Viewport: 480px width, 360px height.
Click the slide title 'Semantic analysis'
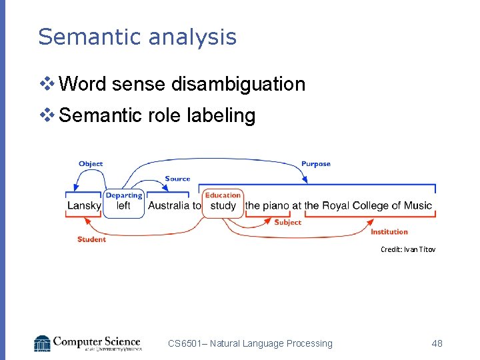(x=137, y=37)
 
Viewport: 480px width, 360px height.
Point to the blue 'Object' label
(x=91, y=164)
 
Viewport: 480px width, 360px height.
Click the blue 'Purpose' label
(x=315, y=164)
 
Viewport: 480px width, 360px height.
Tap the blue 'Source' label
(x=177, y=179)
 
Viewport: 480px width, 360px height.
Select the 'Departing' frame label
(x=124, y=195)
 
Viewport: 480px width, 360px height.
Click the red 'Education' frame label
(x=223, y=195)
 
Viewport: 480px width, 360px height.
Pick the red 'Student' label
(x=91, y=239)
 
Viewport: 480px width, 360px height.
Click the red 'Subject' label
(x=287, y=223)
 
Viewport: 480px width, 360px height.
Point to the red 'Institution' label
(x=389, y=232)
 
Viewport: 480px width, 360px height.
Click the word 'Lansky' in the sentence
(x=84, y=206)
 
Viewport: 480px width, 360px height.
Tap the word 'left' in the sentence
(x=123, y=206)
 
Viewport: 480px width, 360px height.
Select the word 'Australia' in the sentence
(x=169, y=206)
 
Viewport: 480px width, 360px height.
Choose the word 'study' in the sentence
(x=223, y=206)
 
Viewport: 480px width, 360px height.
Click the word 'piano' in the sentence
(x=276, y=206)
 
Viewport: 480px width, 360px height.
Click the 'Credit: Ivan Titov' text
(x=407, y=249)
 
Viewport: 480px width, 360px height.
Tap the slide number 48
(x=437, y=343)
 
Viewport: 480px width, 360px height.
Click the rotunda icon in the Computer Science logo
(x=42, y=343)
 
